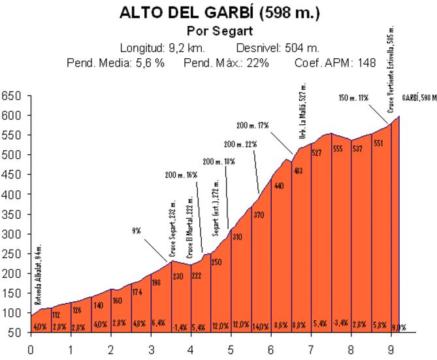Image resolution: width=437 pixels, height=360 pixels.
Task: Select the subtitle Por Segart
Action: pos(219,31)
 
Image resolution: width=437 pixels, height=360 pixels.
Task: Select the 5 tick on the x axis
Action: pos(231,350)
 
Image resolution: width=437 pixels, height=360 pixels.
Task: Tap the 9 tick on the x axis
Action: pos(391,350)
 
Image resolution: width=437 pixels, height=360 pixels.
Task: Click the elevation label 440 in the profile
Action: pos(278,186)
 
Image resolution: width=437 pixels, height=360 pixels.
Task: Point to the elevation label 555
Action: pos(338,148)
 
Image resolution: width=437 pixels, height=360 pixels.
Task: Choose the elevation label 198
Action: pos(156,282)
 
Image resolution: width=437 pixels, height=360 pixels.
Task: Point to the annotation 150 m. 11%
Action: pos(354,97)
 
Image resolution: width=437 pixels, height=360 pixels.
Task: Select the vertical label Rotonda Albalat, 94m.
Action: pos(38,286)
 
